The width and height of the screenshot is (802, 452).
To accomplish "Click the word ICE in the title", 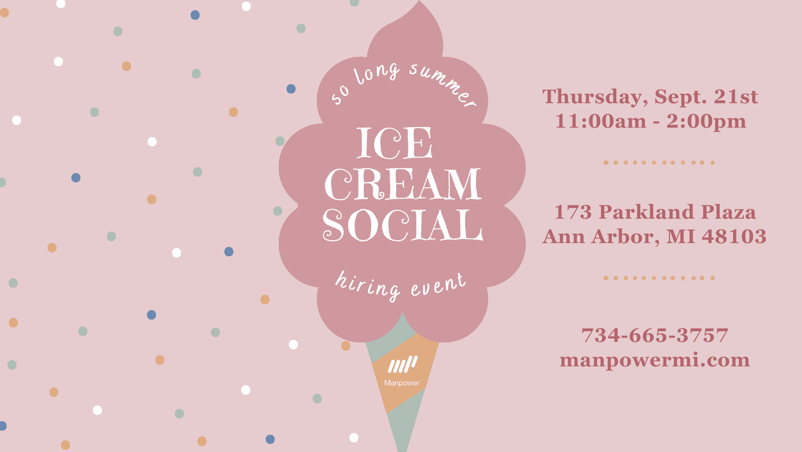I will (x=394, y=143).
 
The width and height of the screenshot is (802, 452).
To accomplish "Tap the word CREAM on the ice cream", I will (x=402, y=184).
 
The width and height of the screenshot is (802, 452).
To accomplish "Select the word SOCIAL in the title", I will (x=402, y=225).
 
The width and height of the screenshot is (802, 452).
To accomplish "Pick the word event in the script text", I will (x=438, y=285).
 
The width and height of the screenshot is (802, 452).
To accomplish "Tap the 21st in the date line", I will (x=735, y=97).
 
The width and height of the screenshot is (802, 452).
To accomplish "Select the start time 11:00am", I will (x=601, y=121).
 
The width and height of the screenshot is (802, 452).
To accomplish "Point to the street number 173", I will (x=573, y=212).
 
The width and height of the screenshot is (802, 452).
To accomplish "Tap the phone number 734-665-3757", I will (x=654, y=336).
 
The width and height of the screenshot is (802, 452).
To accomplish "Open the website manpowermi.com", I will (x=654, y=360).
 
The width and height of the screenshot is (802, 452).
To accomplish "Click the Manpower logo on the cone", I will (x=402, y=364).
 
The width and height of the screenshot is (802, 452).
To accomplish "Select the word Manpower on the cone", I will (x=402, y=383).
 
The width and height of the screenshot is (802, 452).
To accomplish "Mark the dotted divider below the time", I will (x=659, y=162).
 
